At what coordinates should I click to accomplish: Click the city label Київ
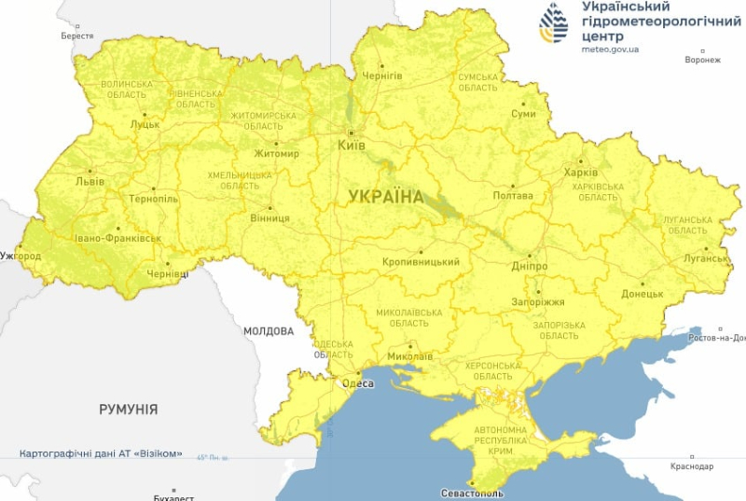[x=352, y=146]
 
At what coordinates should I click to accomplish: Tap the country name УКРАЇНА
[x=385, y=197]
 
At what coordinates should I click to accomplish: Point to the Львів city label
[x=90, y=182]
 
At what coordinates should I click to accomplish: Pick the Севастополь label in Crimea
[x=472, y=493]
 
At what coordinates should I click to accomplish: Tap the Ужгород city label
[x=21, y=256]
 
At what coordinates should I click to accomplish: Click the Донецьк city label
[x=642, y=294]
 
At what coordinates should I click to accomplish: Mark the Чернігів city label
[x=381, y=74]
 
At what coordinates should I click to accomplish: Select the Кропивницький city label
[x=421, y=262]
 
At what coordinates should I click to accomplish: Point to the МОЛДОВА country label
[x=269, y=331]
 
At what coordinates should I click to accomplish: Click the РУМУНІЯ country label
[x=129, y=409]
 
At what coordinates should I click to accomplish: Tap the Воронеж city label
[x=702, y=60]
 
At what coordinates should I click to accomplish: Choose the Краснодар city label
[x=691, y=466]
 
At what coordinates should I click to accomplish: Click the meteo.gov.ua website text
[x=610, y=49]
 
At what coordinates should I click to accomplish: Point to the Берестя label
[x=77, y=35]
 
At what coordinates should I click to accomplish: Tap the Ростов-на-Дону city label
[x=716, y=338]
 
